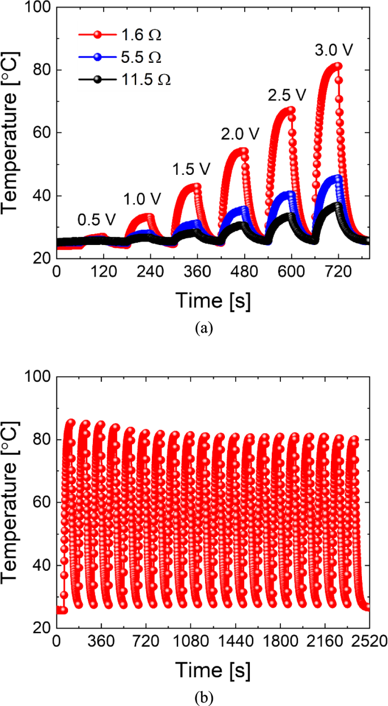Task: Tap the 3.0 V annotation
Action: coord(334,50)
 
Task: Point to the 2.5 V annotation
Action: coord(287,94)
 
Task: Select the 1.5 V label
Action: coord(191,168)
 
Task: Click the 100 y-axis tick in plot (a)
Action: coord(39,8)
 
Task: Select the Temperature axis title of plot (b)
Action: coord(12,502)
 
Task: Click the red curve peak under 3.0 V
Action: coord(338,66)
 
